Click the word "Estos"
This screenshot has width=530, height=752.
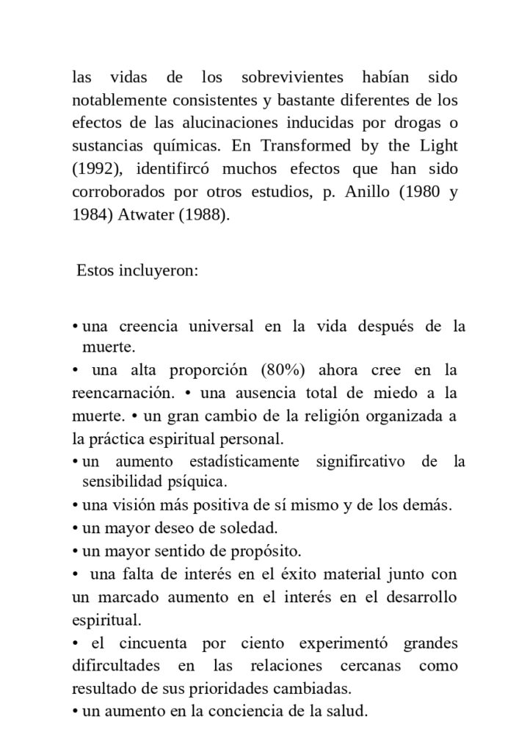(x=94, y=271)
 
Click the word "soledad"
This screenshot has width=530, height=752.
(x=252, y=527)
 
